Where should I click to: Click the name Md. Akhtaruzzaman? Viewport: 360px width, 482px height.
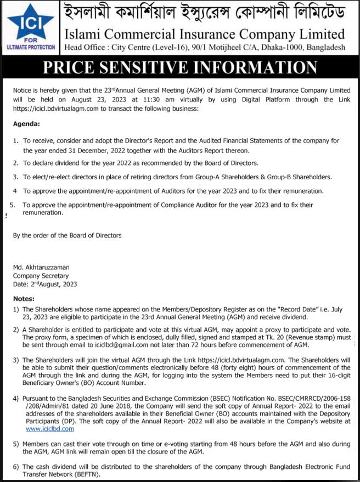click(x=42, y=268)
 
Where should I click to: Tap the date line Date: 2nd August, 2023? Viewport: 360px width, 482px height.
click(x=45, y=284)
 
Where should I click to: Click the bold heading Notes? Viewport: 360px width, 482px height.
click(x=24, y=300)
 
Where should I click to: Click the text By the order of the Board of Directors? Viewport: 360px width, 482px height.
click(x=67, y=235)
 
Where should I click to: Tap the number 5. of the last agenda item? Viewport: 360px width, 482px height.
click(x=13, y=205)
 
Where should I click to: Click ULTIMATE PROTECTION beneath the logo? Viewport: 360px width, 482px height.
click(x=31, y=48)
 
